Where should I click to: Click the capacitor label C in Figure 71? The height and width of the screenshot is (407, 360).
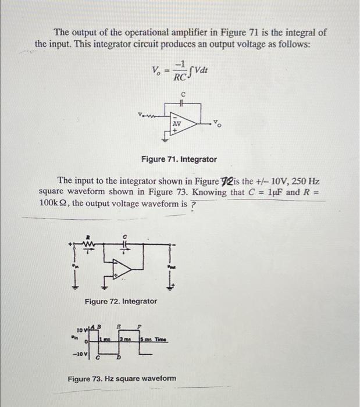183,94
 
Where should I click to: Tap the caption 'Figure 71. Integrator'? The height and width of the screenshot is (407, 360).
179,159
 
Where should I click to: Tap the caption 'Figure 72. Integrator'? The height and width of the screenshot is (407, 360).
120,301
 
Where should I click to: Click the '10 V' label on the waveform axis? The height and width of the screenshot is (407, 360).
81,332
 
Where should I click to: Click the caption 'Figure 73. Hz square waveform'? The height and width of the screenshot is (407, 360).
122,379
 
